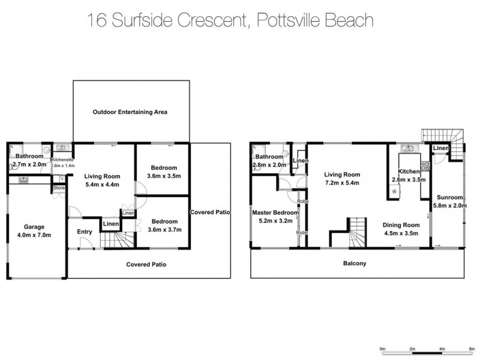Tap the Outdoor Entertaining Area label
pyautogui.click(x=130, y=112)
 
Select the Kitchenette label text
pyautogui.click(x=62, y=160)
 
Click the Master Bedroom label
pyautogui.click(x=275, y=212)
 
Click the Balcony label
pyautogui.click(x=355, y=263)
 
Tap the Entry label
pyautogui.click(x=85, y=232)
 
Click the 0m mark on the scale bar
pyautogui.click(x=383, y=347)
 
